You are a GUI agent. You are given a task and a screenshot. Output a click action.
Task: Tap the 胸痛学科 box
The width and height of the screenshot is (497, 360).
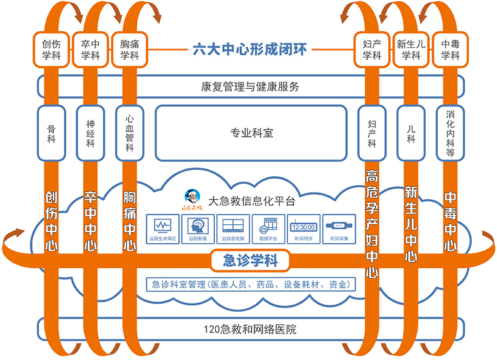click(x=129, y=49)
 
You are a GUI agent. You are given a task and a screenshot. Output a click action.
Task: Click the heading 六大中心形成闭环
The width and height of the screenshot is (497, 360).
click(x=250, y=49)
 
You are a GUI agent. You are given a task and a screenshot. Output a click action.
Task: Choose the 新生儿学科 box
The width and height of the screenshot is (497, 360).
click(x=411, y=49)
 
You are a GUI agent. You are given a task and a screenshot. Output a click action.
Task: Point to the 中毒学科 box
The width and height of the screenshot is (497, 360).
click(x=450, y=49)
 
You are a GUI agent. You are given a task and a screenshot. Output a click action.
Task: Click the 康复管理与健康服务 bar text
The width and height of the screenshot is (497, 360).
click(x=250, y=86)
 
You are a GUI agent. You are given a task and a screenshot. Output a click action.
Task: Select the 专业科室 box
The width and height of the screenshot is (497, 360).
click(x=251, y=133)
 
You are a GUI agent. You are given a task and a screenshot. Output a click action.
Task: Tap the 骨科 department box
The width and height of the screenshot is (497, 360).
click(x=51, y=133)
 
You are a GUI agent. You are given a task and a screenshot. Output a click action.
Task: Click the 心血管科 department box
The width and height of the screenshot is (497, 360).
click(x=129, y=133)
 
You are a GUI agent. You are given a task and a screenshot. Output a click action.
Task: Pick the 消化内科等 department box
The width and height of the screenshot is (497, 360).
click(x=450, y=133)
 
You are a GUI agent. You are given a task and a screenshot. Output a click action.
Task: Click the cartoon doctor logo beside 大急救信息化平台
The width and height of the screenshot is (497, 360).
click(x=191, y=199)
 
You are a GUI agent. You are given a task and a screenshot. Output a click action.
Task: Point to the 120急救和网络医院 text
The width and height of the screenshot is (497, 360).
click(x=250, y=329)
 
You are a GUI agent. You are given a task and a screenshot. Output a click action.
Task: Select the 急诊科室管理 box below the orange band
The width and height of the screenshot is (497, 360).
click(x=250, y=284)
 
